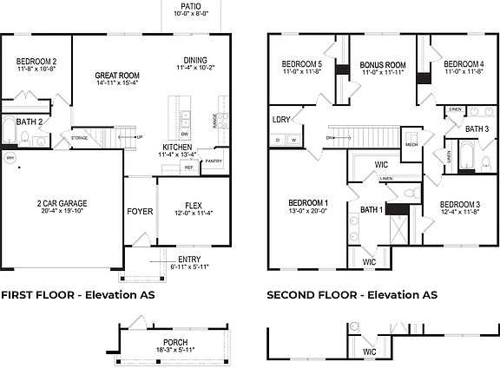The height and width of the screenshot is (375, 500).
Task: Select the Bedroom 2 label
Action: [x=36, y=62]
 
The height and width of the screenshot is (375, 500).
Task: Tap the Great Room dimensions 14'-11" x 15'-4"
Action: [x=117, y=83]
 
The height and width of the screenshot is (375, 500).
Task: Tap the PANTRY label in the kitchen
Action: [x=214, y=161]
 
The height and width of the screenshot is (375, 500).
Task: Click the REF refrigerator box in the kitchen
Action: [x=187, y=168]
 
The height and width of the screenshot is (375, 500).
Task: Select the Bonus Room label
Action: [x=383, y=65]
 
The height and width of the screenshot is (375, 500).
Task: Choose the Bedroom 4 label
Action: [x=463, y=64]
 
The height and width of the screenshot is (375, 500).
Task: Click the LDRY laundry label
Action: [x=281, y=120]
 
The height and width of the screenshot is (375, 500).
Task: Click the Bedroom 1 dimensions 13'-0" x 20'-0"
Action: [x=307, y=211]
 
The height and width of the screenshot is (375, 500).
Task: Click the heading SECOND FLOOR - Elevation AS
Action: [x=352, y=295]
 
